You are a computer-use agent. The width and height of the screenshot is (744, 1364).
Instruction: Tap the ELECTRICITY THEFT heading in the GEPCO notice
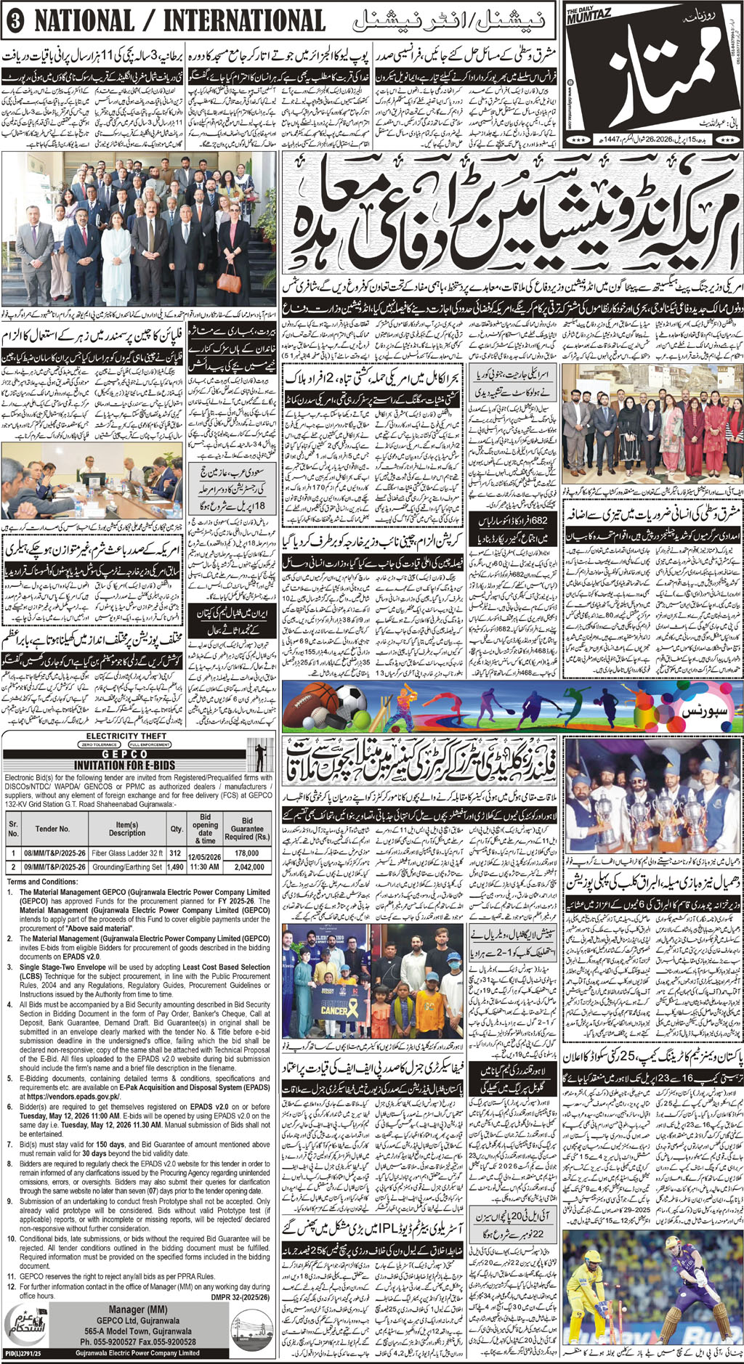(126, 736)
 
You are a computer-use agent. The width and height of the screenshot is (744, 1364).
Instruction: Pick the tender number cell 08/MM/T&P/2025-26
(54, 853)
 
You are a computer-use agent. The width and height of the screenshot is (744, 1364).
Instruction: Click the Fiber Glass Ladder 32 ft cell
(127, 853)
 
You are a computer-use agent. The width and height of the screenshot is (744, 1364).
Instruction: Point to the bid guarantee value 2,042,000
(249, 866)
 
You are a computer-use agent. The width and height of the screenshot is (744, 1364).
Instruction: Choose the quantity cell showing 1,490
(176, 866)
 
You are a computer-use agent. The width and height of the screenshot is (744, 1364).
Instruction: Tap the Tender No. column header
(52, 829)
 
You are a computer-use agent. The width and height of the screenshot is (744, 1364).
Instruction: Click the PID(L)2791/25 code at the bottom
(22, 1353)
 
